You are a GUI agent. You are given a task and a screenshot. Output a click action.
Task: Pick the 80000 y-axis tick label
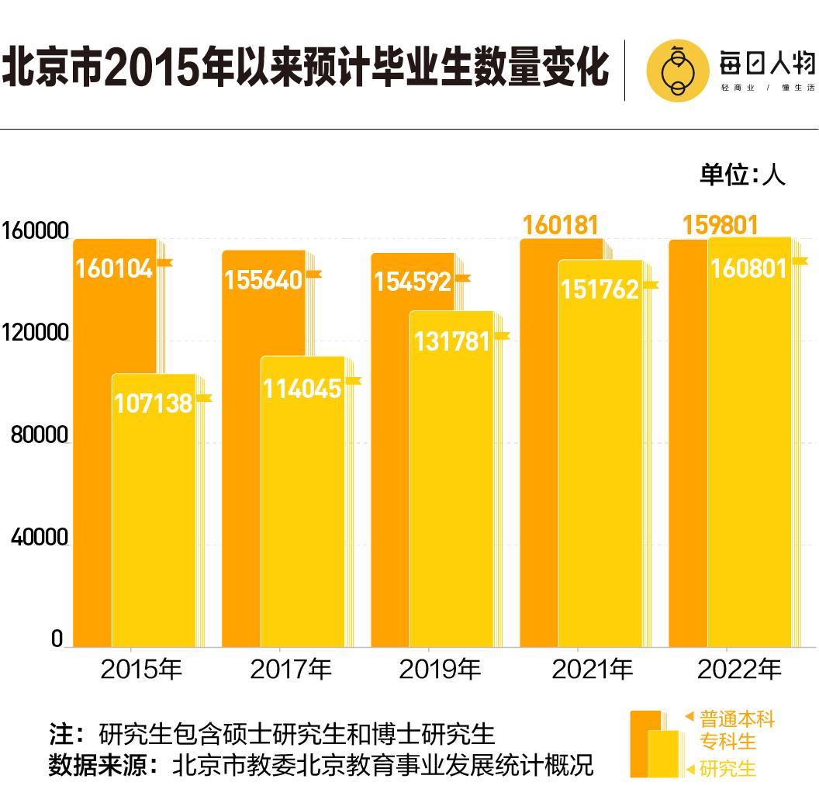point(40,436)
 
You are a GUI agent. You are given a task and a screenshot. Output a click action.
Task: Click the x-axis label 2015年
point(141,670)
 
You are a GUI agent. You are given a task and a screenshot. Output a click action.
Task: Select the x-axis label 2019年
point(440,670)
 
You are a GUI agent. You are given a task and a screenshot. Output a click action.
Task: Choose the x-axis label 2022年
point(739,670)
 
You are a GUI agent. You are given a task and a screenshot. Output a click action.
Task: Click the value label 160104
point(114,268)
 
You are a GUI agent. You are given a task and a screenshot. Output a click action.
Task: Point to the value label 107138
point(153,403)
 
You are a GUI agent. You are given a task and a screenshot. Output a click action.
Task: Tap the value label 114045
point(302,388)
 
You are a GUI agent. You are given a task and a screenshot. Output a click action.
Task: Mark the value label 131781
point(451,341)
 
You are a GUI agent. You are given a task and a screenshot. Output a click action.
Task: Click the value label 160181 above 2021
point(561,225)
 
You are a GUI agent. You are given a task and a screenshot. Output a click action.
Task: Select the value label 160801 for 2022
point(748,268)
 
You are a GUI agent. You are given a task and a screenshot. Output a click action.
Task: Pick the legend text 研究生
point(727,769)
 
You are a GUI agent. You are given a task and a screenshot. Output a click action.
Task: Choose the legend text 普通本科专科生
point(737,729)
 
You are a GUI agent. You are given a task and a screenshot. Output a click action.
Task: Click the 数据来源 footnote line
point(320,765)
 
